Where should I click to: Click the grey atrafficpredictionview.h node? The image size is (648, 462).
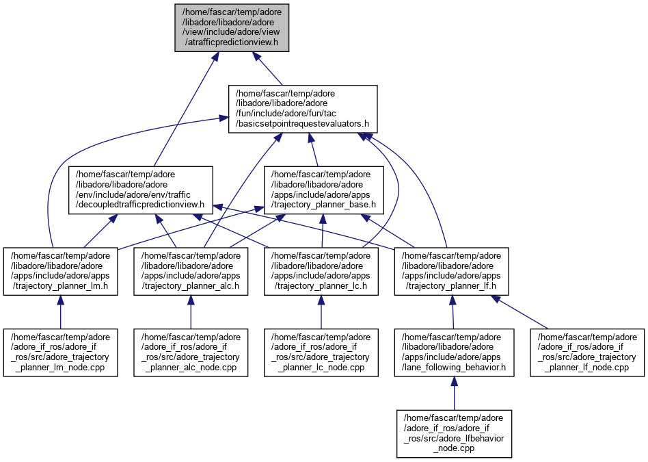[232, 27]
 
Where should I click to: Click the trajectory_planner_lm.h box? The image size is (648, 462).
[60, 272]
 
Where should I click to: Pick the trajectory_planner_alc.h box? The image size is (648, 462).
[191, 272]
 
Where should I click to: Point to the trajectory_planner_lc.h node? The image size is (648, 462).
[321, 272]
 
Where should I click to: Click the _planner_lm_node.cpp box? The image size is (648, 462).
[60, 352]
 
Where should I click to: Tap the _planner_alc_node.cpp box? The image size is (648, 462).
[191, 352]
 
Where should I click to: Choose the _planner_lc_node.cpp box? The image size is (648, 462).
[321, 352]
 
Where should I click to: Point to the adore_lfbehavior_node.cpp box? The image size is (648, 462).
[454, 434]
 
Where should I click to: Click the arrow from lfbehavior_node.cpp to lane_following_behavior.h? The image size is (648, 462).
[454, 393]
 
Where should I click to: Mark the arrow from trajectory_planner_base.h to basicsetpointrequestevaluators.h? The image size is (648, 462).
[314, 150]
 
